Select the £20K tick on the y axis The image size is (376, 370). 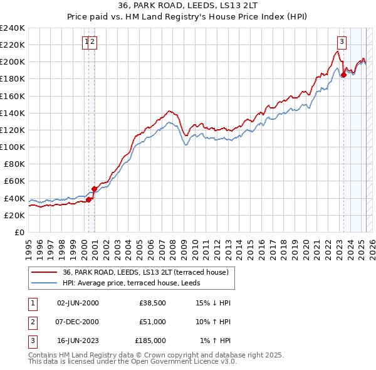coord(15,215)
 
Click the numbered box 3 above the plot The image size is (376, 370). coord(342,42)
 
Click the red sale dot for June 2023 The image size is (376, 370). coord(343,75)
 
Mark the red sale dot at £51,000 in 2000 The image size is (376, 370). coord(94,189)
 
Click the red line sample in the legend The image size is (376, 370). coord(44,272)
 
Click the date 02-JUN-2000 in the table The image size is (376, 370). coord(78,302)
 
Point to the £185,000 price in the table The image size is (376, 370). coord(150,341)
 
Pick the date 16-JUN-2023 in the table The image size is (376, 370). coord(78,341)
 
